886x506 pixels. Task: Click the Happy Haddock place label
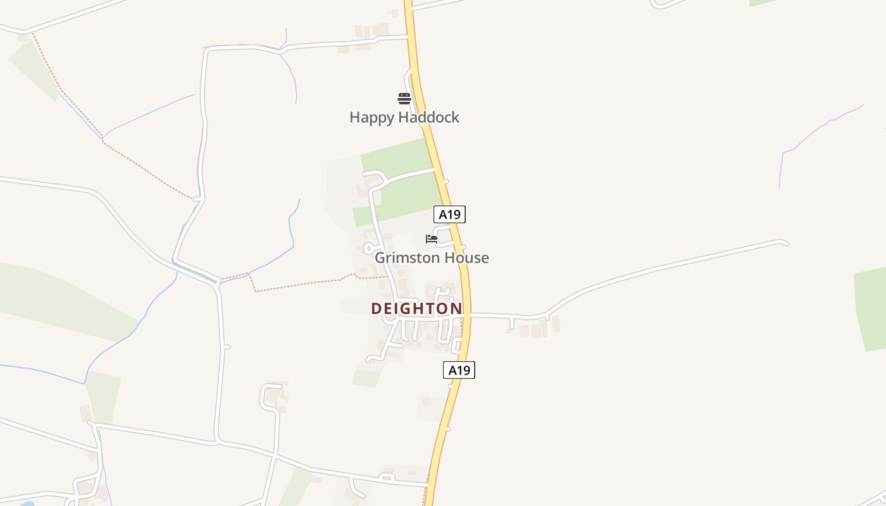tap(404, 118)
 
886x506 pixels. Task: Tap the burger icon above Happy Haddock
tap(404, 98)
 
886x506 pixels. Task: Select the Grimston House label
tap(432, 258)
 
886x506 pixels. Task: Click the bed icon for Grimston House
tap(432, 239)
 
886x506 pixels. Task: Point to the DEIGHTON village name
tap(416, 309)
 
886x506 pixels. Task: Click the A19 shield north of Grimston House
tap(449, 214)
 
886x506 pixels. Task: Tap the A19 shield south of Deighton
tap(459, 370)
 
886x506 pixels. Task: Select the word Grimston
tap(409, 258)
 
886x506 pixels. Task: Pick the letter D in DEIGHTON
tap(377, 309)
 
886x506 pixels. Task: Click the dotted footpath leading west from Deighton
tap(304, 283)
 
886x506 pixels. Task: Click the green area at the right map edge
tap(871, 309)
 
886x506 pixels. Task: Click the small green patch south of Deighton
tap(366, 378)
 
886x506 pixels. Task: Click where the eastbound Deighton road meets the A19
tap(468, 315)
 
